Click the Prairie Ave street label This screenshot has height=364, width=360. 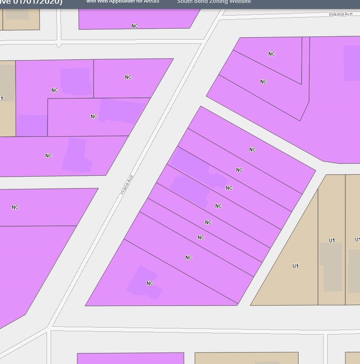(127, 185)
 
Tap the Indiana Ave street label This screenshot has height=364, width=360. (340, 14)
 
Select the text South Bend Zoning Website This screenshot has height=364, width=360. (214, 2)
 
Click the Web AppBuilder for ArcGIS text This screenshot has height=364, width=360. (123, 2)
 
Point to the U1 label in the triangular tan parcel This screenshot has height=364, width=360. (295, 266)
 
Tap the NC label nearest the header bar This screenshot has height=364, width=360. (135, 26)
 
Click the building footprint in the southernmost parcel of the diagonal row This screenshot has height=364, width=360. (144, 283)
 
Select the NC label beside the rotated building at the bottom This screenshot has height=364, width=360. (150, 283)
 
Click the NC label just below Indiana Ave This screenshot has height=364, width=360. (272, 54)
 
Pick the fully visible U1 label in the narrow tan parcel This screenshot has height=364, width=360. (332, 240)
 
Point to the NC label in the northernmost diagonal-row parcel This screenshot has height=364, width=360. (252, 150)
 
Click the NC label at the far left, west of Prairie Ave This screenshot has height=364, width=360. (15, 207)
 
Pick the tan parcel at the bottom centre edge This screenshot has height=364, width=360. (246, 358)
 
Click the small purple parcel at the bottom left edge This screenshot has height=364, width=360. (130, 358)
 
